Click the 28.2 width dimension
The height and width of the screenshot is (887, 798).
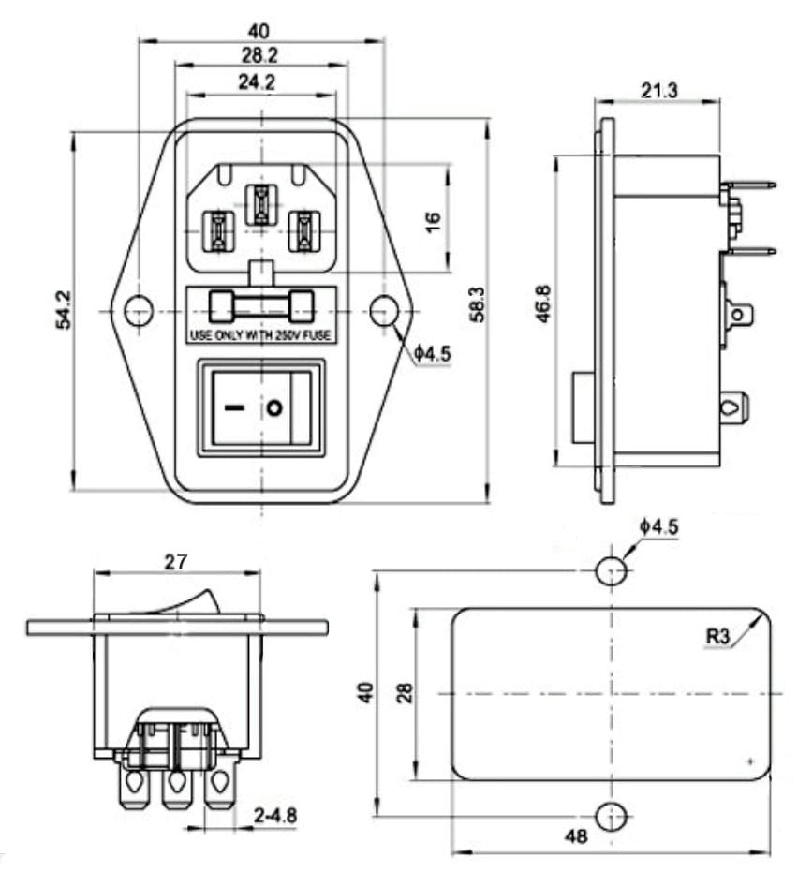pos(259,55)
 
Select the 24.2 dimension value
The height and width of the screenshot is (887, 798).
pos(257,82)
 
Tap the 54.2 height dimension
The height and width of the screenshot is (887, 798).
pos(64,309)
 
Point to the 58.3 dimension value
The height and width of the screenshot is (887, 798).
pos(478,304)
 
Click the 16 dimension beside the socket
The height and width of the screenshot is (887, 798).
pos(433,222)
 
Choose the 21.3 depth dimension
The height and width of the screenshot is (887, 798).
pos(658,90)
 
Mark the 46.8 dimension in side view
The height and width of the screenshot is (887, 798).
pos(543,303)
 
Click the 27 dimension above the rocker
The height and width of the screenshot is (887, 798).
pos(175,562)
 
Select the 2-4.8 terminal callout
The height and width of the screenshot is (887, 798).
pos(275,815)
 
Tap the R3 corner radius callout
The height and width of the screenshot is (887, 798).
pos(717,636)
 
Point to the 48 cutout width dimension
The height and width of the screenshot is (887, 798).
pos(576,835)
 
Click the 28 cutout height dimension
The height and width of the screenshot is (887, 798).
pos(405,692)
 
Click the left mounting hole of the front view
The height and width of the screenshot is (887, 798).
pos(139,311)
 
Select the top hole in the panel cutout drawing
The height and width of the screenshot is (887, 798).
pos(612,570)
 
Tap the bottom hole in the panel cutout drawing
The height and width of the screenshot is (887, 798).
pos(612,817)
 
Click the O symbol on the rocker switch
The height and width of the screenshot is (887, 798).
pos(274,407)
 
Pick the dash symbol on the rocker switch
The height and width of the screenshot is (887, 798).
pos(233,407)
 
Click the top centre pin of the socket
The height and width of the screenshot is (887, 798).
pos(260,206)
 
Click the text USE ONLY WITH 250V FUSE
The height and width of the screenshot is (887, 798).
pos(260,335)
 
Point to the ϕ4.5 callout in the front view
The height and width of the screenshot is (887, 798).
pos(432,354)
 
